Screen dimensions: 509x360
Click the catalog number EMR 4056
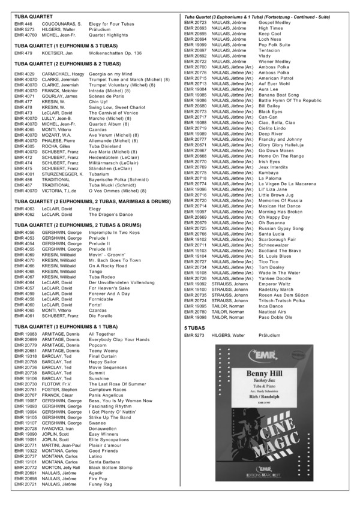pyautogui.click(x=25, y=233)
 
